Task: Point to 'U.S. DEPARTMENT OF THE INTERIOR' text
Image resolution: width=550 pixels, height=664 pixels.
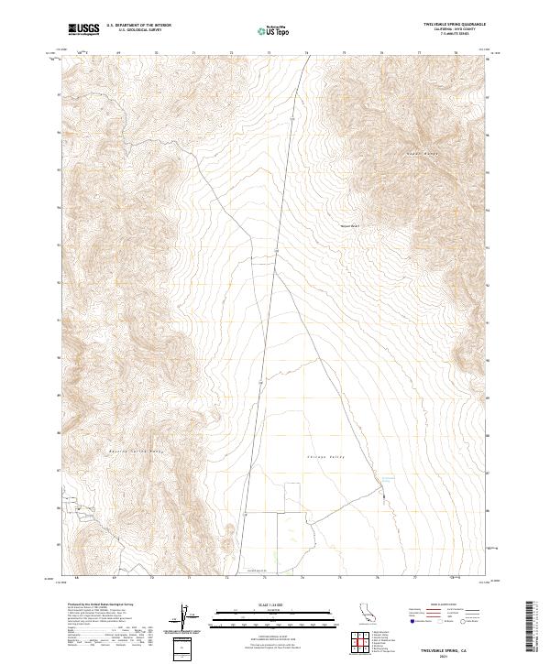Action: [138, 26]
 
